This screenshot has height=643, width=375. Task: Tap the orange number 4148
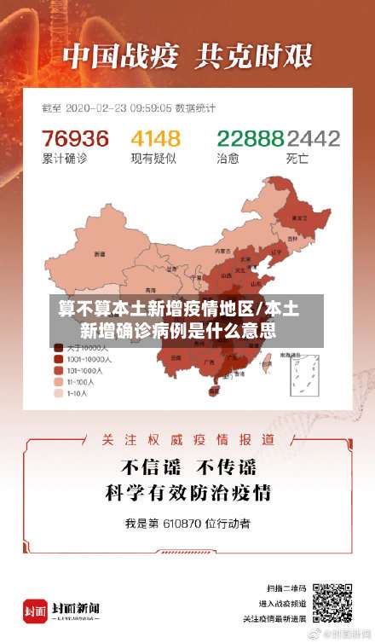pos(155,138)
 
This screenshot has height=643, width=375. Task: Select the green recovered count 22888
pos(250,138)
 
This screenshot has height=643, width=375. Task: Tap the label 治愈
pos(228,158)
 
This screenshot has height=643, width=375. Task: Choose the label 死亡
pos(297,158)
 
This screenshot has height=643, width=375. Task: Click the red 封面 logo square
pos(35,610)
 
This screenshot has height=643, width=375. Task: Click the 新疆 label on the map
pos(100,253)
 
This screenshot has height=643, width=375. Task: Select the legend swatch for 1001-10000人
pos(58,360)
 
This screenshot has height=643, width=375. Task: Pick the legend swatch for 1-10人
pos(58,394)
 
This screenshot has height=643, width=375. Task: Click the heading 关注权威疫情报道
pos(187,440)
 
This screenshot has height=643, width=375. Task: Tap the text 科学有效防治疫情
pos(187,492)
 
